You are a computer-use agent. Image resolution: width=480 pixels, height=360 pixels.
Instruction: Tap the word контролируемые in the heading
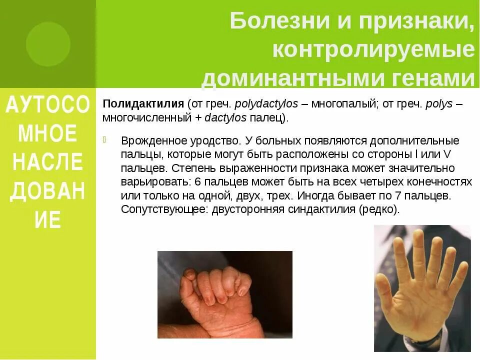tap(373, 50)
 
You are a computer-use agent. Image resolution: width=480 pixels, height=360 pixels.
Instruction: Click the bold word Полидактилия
tap(143, 104)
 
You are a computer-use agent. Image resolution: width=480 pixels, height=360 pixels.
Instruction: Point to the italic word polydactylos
tap(266, 104)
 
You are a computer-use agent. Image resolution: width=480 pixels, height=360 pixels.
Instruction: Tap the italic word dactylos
tap(225, 118)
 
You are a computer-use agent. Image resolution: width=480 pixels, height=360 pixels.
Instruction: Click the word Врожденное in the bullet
tap(148, 140)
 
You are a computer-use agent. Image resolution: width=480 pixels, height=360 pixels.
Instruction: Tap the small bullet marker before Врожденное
tap(105, 139)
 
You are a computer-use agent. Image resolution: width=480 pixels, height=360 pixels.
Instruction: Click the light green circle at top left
tap(48, 44)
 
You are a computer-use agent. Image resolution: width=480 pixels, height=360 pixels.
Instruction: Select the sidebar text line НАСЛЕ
tap(48, 162)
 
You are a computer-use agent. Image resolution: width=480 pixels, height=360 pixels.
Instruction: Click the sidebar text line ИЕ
tap(48, 219)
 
